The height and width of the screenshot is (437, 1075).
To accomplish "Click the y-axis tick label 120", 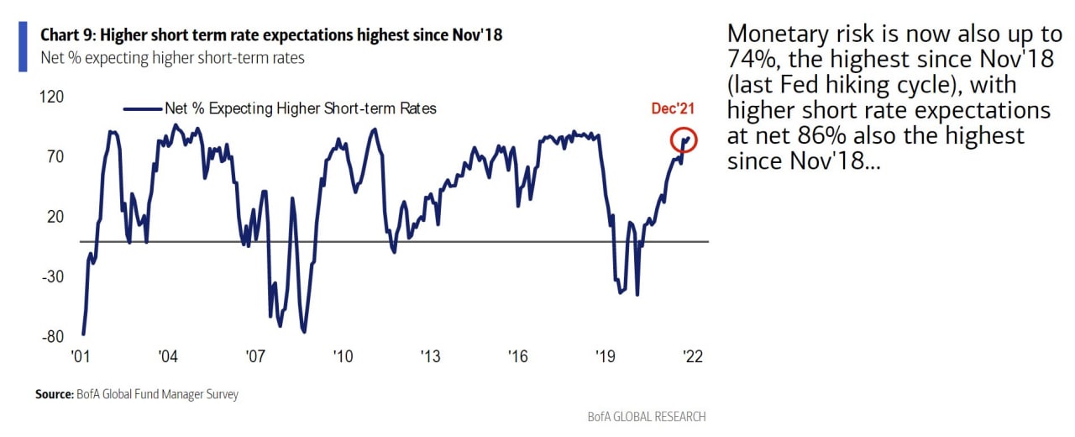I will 51,97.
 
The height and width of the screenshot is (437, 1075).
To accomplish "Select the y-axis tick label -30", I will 51,276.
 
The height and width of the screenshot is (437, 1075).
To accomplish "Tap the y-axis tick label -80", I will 51,337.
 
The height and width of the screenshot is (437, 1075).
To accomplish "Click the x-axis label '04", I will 167,356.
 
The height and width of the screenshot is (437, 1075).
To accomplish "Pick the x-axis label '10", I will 342,356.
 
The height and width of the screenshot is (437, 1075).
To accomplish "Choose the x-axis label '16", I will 517,356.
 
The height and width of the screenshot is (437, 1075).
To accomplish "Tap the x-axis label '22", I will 692,356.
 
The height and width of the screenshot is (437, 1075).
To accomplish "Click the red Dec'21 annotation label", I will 674,108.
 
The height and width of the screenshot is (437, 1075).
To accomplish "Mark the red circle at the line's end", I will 684,140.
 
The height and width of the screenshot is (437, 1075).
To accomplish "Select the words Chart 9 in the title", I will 64,36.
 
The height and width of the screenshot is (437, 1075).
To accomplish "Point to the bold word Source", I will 54,394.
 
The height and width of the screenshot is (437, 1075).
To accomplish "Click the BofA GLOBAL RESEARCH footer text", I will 647,416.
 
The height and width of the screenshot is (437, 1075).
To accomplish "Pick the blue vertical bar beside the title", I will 23,47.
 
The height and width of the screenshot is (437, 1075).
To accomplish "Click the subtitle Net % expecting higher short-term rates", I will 172,58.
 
